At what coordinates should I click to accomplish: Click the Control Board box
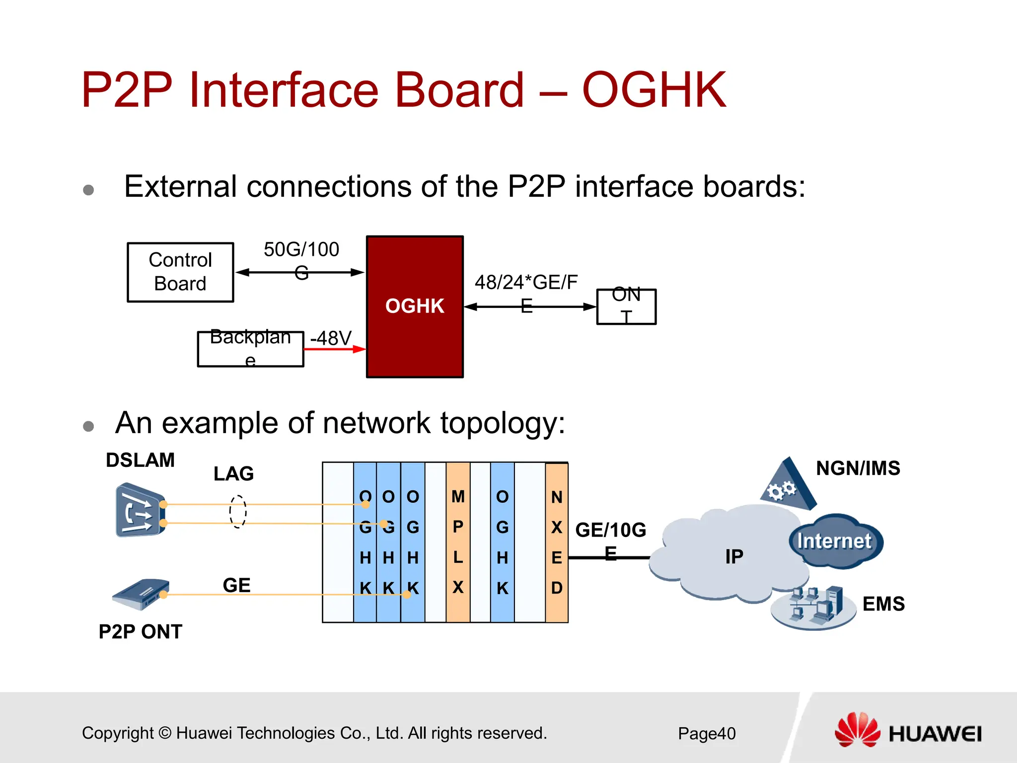click(180, 272)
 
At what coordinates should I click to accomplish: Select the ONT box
click(626, 306)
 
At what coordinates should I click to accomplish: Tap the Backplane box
click(250, 349)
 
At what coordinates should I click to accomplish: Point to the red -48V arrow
click(334, 349)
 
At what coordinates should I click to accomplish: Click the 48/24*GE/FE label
click(526, 282)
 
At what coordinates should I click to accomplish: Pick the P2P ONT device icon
click(141, 594)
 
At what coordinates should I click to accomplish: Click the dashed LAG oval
click(238, 511)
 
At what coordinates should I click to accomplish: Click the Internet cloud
click(836, 541)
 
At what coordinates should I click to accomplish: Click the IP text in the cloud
click(734, 556)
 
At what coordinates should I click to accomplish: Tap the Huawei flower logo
click(857, 730)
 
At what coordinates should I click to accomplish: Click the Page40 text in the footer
click(707, 734)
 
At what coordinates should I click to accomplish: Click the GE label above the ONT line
click(236, 585)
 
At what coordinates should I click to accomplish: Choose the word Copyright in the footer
click(118, 733)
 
